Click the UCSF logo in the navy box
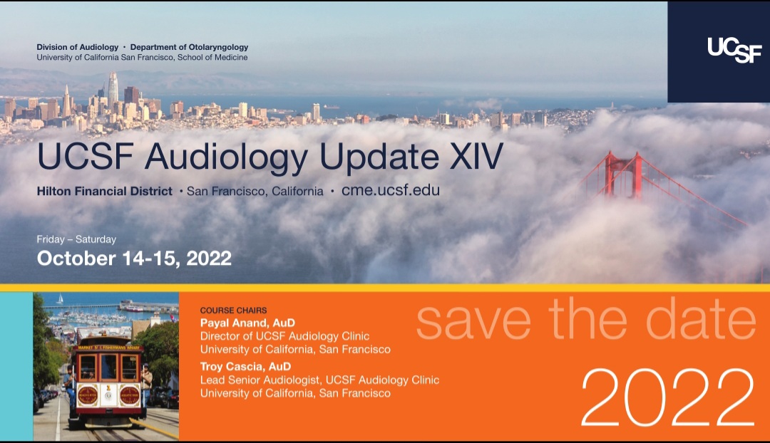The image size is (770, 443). [x=734, y=50]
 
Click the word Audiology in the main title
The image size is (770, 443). [x=226, y=157]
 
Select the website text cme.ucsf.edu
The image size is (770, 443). [x=391, y=190]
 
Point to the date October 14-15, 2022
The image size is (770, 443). [x=134, y=259]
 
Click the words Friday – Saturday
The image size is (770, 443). [x=76, y=239]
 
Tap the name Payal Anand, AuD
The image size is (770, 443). [x=247, y=323]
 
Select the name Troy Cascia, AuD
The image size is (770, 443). [x=245, y=367]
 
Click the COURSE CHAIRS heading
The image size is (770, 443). [x=233, y=311]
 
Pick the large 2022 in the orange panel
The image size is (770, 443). [x=668, y=397]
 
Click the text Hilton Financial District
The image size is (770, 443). [x=105, y=192]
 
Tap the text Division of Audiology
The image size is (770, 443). [x=78, y=47]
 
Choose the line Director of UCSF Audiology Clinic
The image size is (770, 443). [x=284, y=337]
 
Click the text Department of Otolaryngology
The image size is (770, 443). [x=189, y=48]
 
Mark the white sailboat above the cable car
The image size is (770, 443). [x=60, y=298]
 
